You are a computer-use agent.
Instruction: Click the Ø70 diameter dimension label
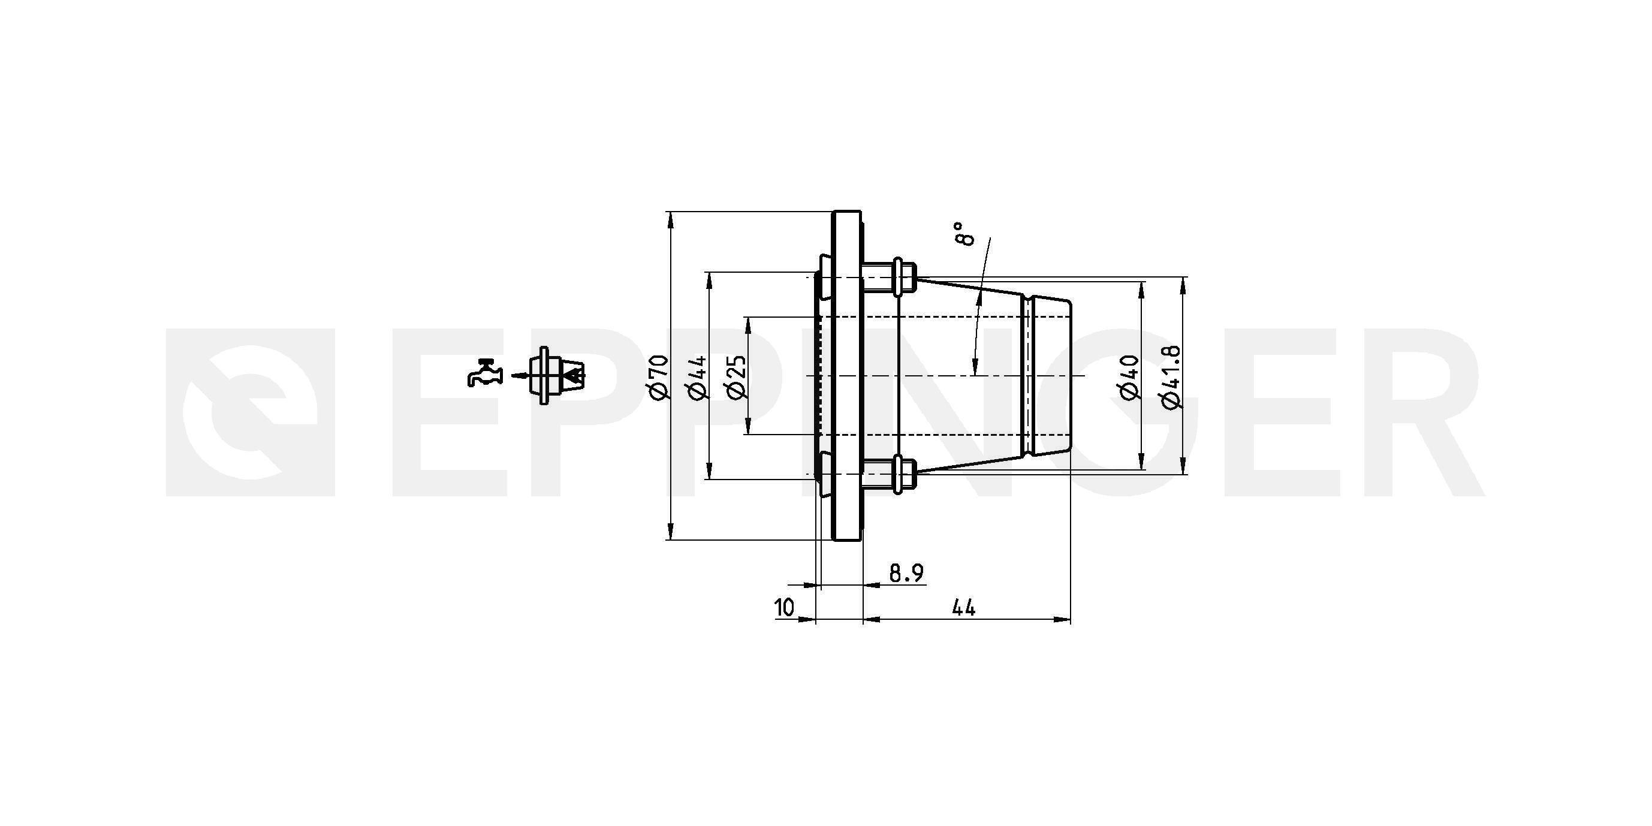659,378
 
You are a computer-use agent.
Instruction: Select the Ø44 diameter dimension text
698,378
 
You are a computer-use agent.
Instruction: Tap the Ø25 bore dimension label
737,376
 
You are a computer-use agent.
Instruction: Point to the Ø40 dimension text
1129,377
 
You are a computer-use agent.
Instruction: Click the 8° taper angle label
964,234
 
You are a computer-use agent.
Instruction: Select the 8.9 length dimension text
906,572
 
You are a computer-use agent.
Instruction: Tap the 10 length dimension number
784,607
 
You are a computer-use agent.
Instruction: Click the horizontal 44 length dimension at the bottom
963,607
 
